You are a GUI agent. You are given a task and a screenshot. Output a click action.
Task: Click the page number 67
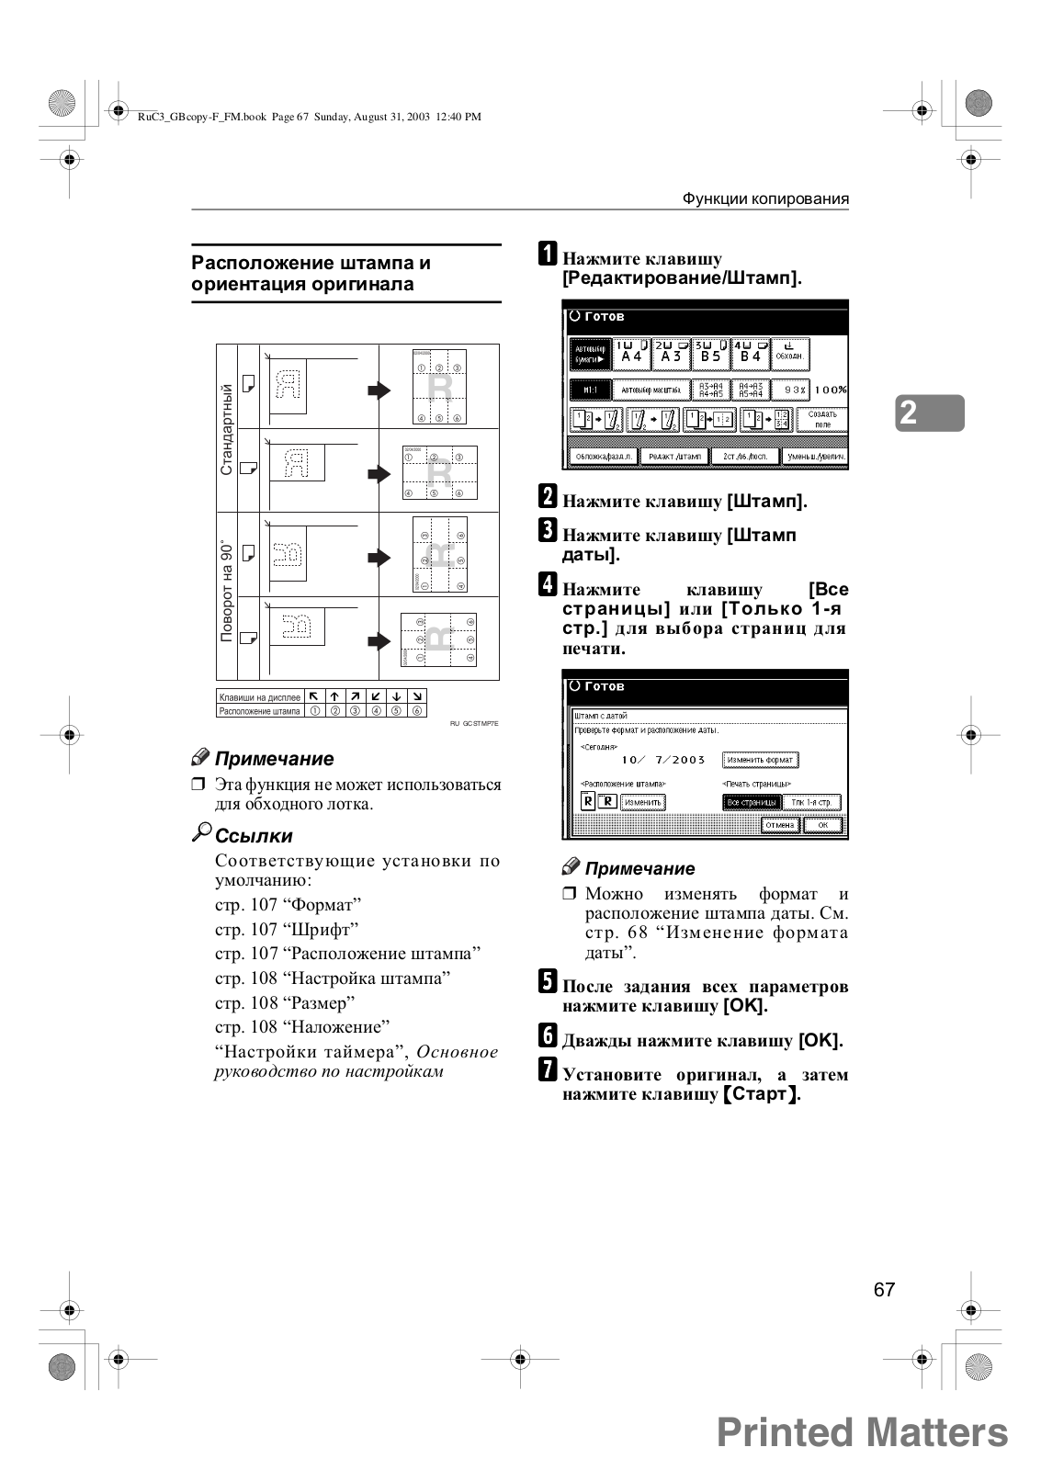coord(884,1289)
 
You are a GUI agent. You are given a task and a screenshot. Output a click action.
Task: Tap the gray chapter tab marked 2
coord(930,413)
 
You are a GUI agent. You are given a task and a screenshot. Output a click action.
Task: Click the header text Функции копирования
coord(765,198)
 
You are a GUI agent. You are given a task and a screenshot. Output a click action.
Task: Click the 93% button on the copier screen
coord(789,390)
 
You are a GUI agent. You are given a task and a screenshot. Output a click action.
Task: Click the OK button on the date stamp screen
coord(822,825)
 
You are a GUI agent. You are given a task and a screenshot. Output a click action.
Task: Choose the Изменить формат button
coord(760,760)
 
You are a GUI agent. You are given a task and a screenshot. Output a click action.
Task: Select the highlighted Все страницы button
coord(752,802)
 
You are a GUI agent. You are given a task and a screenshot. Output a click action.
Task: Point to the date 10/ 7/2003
coord(662,760)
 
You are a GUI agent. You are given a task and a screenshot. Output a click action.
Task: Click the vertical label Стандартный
coord(227,430)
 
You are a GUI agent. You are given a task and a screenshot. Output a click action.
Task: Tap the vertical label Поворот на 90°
coord(227,592)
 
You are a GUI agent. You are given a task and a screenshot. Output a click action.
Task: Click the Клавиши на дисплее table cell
coord(260,697)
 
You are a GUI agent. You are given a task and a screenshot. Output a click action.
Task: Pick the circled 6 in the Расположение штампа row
coord(417,710)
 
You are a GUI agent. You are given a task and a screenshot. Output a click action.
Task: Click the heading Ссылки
coord(254,836)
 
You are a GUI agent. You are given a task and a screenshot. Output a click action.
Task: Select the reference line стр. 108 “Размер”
coord(285,1002)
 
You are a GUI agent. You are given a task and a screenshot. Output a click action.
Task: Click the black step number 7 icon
coord(548,1070)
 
